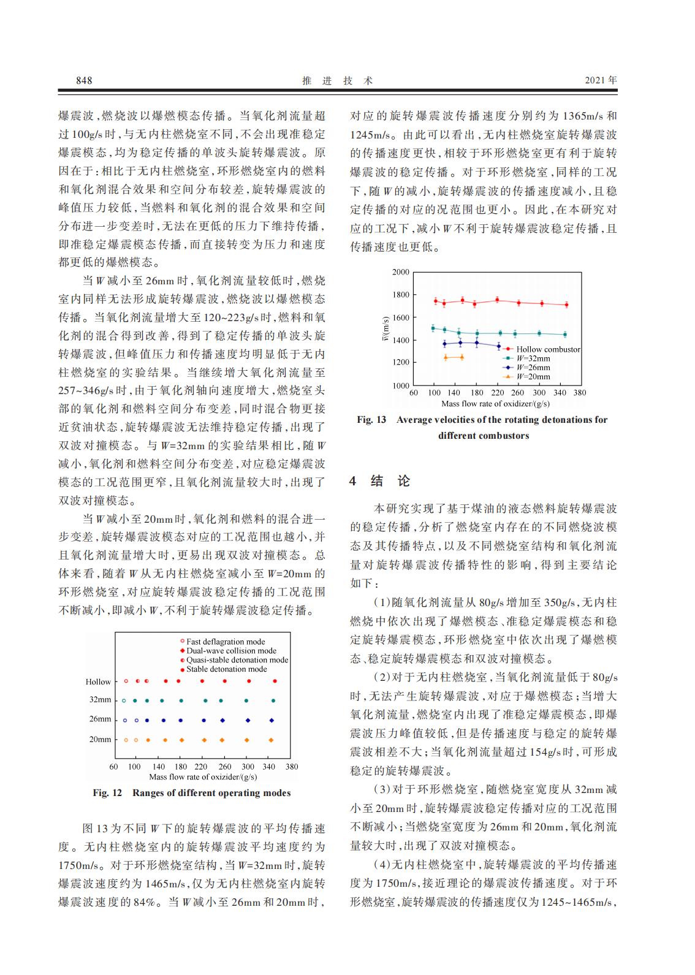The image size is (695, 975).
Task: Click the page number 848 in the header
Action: [84, 80]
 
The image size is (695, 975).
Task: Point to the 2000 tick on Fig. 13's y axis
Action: [401, 271]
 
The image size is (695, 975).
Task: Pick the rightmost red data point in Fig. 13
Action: [566, 305]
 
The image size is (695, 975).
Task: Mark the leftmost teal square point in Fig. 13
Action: [433, 328]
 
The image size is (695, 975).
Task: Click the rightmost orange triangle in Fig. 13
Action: [461, 357]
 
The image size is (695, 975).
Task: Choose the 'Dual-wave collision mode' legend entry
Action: [231, 651]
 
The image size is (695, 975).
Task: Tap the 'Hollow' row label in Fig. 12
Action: [98, 681]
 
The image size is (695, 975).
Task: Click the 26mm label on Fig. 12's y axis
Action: [101, 719]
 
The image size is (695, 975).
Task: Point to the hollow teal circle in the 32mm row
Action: [124, 700]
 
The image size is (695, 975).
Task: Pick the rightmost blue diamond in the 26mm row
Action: [272, 721]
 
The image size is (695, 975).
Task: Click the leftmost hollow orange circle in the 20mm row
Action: [126, 740]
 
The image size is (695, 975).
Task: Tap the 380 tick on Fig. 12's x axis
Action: [292, 767]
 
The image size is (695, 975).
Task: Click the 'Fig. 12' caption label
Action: [107, 793]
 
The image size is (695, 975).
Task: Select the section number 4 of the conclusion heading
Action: [353, 482]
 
